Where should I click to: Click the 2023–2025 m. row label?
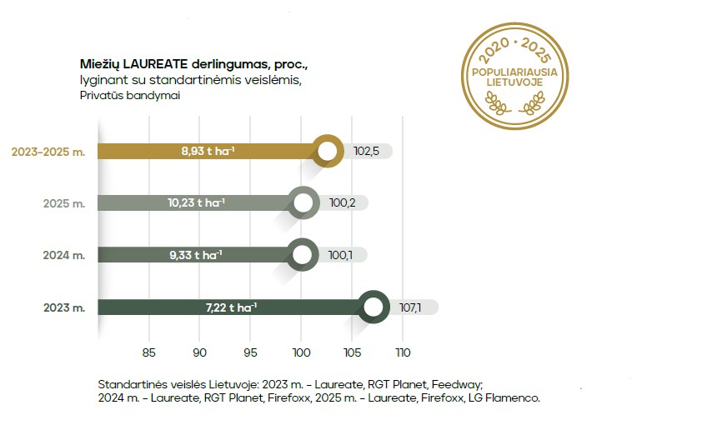(48, 152)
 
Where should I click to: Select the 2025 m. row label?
(64, 203)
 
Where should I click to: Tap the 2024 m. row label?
(64, 256)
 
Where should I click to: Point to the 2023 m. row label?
(64, 307)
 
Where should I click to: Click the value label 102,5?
(367, 152)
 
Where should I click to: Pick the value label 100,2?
(343, 203)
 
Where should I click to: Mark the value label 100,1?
(343, 256)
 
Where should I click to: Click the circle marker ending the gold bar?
(328, 151)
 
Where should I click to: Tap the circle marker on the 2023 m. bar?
(374, 307)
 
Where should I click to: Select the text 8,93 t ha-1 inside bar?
(208, 152)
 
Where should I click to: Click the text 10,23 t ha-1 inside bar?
(197, 203)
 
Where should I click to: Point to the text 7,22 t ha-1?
(231, 307)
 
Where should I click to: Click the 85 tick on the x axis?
(149, 352)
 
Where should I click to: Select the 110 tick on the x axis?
(403, 352)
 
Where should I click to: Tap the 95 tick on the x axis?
(251, 352)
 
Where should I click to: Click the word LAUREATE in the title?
(151, 65)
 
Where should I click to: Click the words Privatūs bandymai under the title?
(119, 96)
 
